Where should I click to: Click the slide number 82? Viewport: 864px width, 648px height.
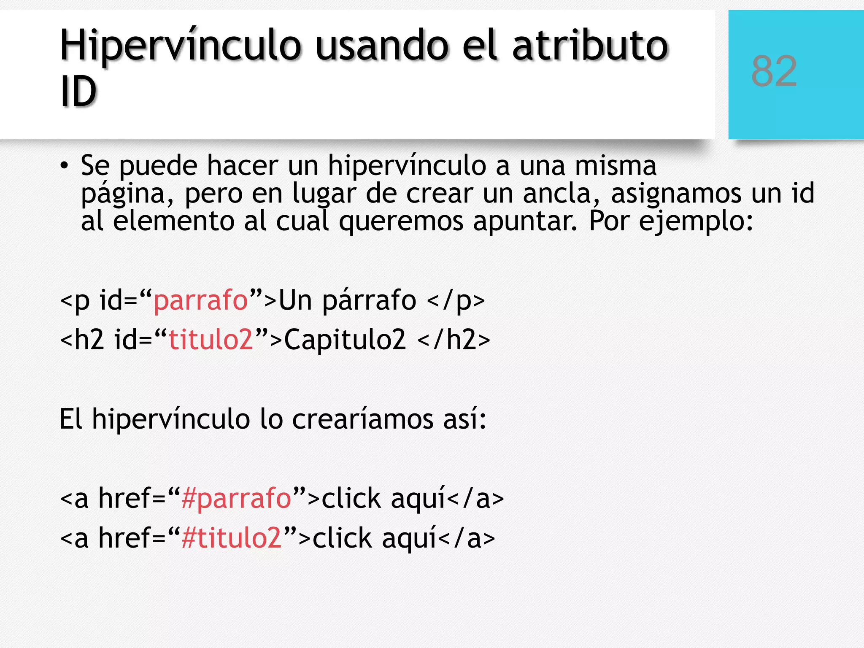[774, 72]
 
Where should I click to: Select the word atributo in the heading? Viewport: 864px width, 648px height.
[591, 46]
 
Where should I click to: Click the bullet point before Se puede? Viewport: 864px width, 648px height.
[64, 166]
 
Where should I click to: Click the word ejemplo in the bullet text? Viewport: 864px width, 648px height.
[692, 221]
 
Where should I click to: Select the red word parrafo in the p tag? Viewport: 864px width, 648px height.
[200, 300]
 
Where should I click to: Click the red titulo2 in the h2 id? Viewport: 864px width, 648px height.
[211, 340]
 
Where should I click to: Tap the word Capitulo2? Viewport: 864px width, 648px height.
[345, 340]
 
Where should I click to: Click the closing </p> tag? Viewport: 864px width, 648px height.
[456, 301]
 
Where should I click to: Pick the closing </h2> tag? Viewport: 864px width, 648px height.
[454, 340]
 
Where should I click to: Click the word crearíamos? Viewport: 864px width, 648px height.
[363, 419]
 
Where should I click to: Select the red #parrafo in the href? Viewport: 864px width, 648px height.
[236, 498]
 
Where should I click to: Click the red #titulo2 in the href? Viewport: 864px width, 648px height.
[231, 538]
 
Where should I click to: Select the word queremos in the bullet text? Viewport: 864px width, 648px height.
[401, 221]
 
